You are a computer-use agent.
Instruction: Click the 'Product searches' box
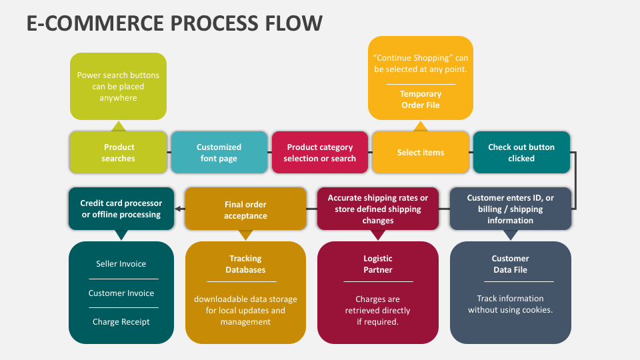point(119,152)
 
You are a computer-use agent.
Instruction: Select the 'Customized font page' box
point(219,152)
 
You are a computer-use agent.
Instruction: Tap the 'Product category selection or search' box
point(320,152)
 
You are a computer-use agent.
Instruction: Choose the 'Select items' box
point(421,152)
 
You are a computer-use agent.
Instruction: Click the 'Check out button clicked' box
point(521,152)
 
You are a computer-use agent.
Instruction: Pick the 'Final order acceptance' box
point(245,209)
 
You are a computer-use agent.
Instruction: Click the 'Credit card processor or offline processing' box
point(121,209)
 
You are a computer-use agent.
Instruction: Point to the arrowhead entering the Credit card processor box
point(177,209)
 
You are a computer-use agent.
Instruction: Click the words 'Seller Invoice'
point(121,264)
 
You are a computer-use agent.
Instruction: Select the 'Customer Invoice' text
point(121,293)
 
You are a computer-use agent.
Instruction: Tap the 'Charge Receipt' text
point(121,321)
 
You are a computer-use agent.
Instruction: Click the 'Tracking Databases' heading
point(245,264)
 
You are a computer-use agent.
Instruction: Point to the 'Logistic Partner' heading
point(378,264)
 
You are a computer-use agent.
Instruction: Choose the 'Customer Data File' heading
point(510,264)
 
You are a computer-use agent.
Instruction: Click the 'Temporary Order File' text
point(421,99)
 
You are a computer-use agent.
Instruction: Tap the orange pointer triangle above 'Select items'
point(421,126)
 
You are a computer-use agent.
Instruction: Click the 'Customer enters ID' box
point(510,209)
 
